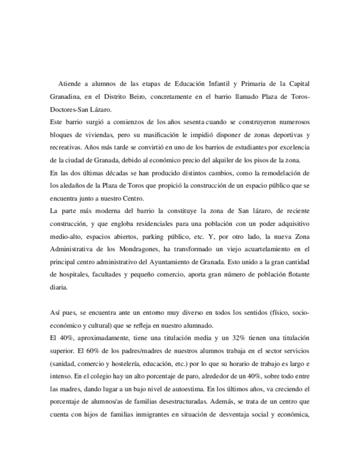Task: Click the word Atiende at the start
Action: (x=71, y=84)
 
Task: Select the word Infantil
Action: (x=211, y=84)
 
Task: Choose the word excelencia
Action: (x=292, y=148)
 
